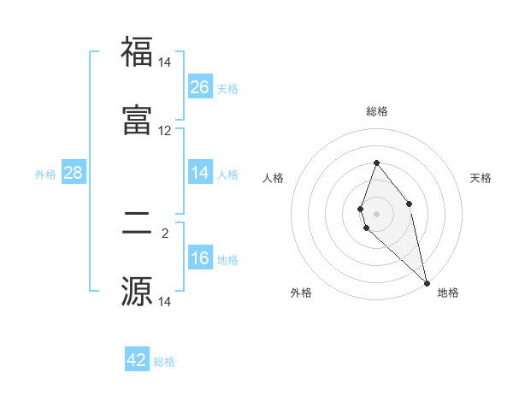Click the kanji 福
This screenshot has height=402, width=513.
(137, 52)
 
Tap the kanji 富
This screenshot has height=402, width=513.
(137, 121)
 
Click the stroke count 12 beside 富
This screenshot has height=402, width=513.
(165, 131)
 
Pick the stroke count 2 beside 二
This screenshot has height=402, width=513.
(165, 233)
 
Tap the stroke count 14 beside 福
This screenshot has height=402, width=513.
(165, 62)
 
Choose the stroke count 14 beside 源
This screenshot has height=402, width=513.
(165, 301)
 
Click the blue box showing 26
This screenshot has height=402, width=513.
(200, 86)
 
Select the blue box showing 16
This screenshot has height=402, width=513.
(200, 258)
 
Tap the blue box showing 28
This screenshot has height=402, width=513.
(73, 174)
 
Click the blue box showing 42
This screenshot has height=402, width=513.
(137, 360)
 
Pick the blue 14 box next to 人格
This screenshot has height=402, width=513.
(200, 173)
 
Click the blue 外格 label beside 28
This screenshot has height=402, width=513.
(45, 174)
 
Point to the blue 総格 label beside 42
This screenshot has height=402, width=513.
(164, 362)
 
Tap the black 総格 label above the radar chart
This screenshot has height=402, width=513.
(377, 111)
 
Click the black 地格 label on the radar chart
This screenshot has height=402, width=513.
(448, 293)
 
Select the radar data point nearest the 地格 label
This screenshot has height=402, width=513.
(427, 282)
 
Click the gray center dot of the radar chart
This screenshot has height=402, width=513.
(376, 213)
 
